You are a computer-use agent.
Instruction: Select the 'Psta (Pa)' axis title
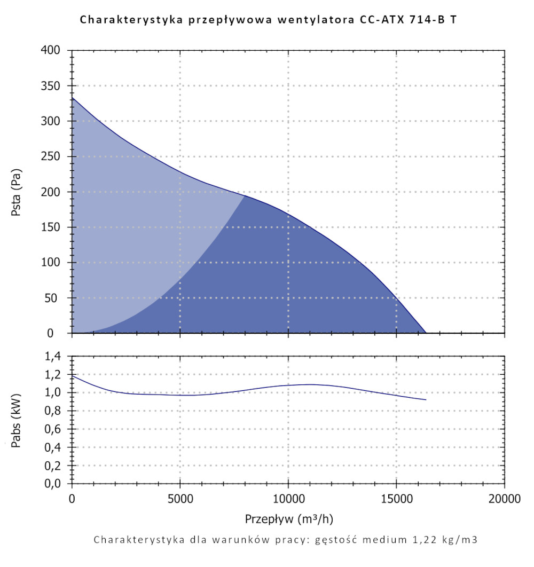coord(16,192)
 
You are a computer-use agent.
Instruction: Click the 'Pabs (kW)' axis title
coord(16,420)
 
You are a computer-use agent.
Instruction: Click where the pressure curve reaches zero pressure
coord(426,333)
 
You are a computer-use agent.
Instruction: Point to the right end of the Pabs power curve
coord(426,399)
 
